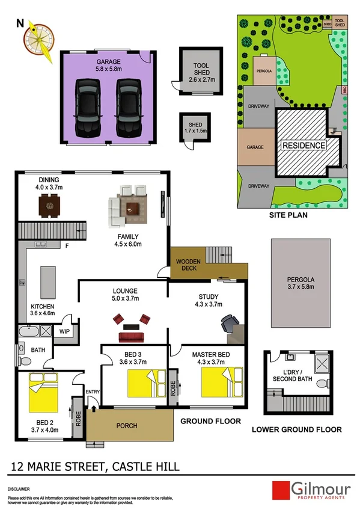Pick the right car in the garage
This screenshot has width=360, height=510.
coord(127,108)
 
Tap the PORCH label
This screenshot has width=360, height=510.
coord(126,426)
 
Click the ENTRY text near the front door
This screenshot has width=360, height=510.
coord(93,392)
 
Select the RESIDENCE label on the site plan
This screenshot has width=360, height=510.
coord(304,145)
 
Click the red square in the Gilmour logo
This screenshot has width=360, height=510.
coord(281,490)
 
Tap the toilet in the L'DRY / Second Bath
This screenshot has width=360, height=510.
coord(322,382)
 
